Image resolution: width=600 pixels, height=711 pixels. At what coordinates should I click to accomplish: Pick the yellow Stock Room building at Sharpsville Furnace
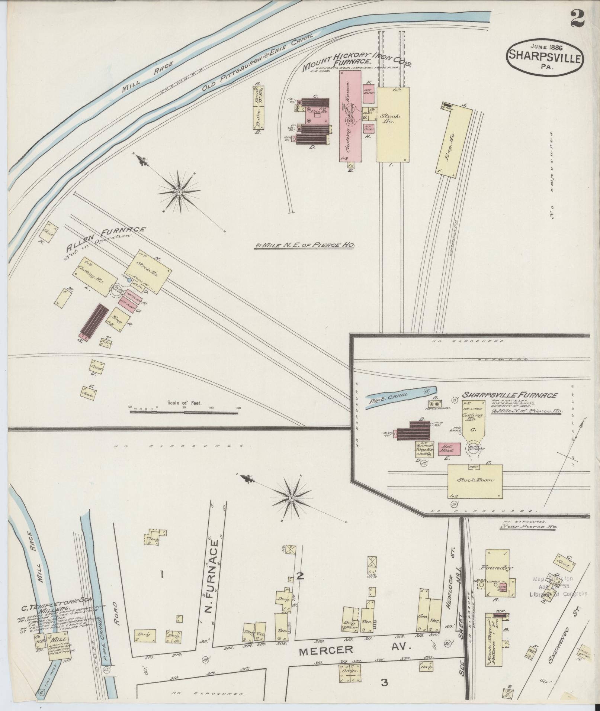click(475, 481)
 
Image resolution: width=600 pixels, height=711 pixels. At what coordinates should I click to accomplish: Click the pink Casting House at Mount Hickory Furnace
click(350, 116)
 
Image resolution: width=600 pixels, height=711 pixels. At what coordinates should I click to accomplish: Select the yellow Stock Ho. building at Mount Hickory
click(392, 124)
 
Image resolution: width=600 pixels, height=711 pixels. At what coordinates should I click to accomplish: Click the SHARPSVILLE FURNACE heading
click(510, 395)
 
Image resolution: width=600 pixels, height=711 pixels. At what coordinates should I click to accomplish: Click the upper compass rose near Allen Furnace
click(179, 192)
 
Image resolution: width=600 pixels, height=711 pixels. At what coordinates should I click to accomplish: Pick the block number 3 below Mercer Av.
click(384, 682)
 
